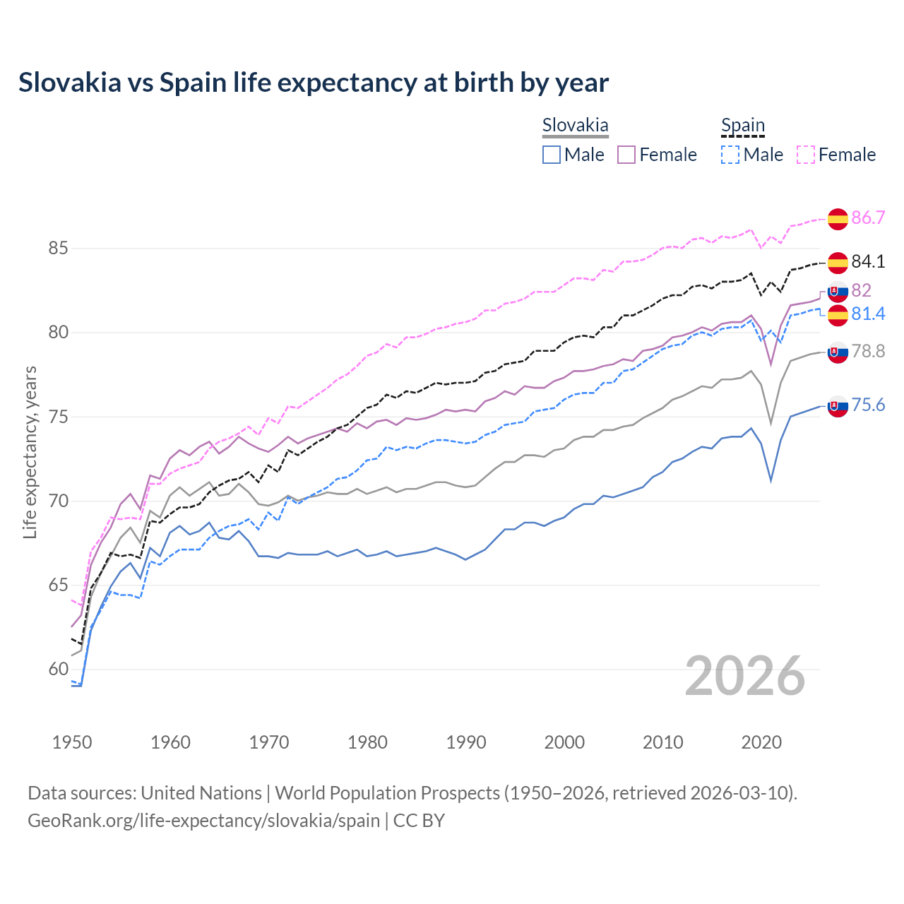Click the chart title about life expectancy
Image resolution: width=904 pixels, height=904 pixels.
pos(314,83)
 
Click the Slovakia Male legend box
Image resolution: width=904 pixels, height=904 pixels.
pos(552,155)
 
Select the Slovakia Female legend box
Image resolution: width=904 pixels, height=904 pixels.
pos(626,155)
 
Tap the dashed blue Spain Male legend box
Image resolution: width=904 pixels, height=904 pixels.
pos(730,155)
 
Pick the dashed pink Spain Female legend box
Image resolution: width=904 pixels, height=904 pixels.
pos(806,155)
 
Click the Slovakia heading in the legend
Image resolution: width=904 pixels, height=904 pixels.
pos(575,126)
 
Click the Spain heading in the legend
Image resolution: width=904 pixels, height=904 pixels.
pos(742,126)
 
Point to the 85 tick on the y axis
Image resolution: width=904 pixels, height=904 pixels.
pos(58,249)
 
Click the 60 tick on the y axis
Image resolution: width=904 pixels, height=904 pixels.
pos(58,670)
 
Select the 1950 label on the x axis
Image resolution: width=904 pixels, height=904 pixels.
pos(72,742)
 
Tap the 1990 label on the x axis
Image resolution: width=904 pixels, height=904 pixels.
pos(466,742)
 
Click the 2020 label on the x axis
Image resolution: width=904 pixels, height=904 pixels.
pos(761,742)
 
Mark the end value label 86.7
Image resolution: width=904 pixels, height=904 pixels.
pos(868,218)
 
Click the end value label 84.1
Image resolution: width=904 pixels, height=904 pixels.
pos(868,261)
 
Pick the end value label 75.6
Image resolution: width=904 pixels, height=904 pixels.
pos(868,405)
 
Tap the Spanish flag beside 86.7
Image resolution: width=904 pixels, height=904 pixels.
pos(838,219)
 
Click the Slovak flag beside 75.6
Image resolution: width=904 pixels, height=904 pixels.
pos(838,406)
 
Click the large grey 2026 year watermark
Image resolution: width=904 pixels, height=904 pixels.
pos(744,676)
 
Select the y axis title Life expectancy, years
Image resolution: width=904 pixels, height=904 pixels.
pos(30,452)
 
